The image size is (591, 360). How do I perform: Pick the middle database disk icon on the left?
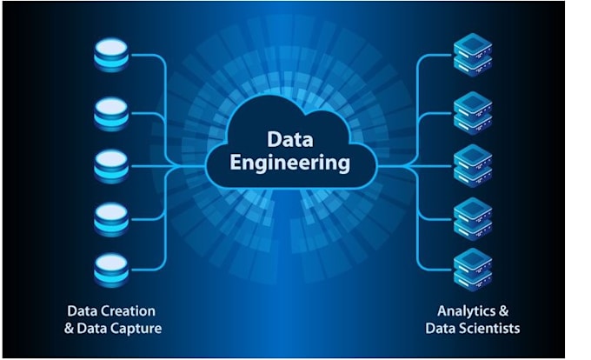click(111, 163)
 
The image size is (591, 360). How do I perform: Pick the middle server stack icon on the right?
click(473, 165)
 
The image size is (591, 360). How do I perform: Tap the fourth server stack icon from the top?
click(473, 217)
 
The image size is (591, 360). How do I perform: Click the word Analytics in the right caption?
click(466, 310)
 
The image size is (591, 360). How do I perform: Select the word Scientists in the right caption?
click(490, 328)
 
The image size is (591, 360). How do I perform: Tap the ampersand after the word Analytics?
click(503, 310)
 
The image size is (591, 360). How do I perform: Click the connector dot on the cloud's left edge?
click(207, 164)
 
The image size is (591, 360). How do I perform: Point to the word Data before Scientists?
click(442, 328)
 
